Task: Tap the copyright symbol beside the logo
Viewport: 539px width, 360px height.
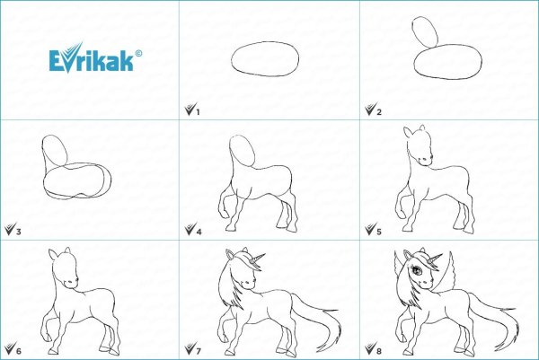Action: tap(138, 53)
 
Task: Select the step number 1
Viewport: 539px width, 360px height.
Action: tap(198, 112)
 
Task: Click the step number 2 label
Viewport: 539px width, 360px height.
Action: tap(379, 112)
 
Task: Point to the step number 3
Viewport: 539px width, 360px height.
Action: tap(19, 232)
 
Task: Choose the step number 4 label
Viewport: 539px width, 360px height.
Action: tap(199, 232)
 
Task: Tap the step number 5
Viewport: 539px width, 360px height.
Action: tap(379, 232)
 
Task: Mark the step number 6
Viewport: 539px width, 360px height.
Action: tap(19, 351)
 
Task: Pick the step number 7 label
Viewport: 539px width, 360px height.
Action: tap(199, 351)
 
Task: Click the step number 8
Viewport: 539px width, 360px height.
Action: tap(379, 351)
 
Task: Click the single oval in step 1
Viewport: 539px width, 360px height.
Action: tap(265, 42)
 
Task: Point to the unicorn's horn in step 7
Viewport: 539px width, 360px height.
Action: tap(257, 259)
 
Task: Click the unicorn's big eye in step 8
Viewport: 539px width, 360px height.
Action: tap(417, 270)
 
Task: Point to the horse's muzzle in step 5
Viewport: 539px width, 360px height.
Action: tap(425, 160)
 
